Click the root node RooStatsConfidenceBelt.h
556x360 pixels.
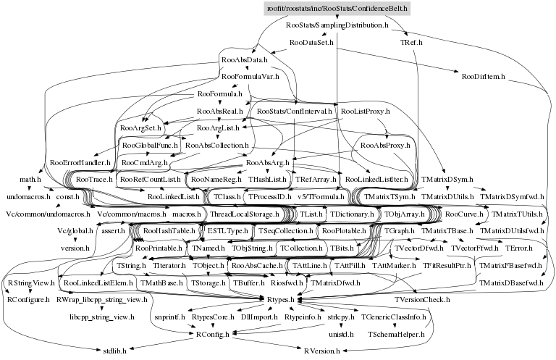pyautogui.click(x=337, y=8)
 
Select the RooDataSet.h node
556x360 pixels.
pyautogui.click(x=311, y=43)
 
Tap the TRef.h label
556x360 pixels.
pyautogui.click(x=413, y=43)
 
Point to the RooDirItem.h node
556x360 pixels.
pyautogui.click(x=482, y=75)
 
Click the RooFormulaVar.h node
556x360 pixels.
pyautogui.click(x=250, y=76)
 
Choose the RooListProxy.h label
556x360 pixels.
pyautogui.click(x=365, y=112)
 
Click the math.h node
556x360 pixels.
pyautogui.click(x=30, y=179)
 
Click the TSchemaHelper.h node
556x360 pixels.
pyautogui.click(x=393, y=334)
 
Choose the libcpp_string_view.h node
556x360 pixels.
pyautogui.click(x=102, y=317)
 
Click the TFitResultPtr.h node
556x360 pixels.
pyautogui.click(x=447, y=266)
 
